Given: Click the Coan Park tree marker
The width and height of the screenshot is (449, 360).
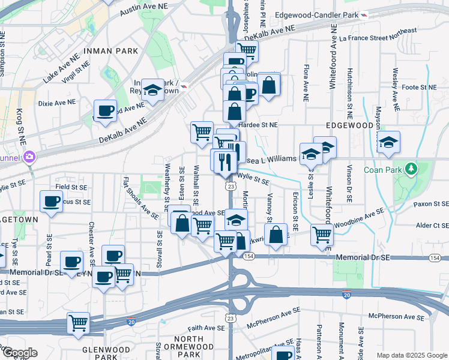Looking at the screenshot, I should (x=411, y=169).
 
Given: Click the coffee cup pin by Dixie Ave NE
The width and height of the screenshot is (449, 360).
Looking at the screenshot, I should (x=106, y=110).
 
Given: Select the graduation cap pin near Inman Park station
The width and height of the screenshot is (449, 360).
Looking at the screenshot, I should (x=153, y=91).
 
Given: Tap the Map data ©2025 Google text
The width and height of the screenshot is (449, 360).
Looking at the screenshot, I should (x=411, y=355).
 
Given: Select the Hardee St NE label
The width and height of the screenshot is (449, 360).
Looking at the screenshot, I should (x=258, y=125).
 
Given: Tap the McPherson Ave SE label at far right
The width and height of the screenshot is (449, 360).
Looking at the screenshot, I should (x=393, y=315).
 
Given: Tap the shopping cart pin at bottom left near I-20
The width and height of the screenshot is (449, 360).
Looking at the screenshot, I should (x=78, y=323).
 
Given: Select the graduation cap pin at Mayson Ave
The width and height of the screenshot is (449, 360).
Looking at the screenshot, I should (x=388, y=142).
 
